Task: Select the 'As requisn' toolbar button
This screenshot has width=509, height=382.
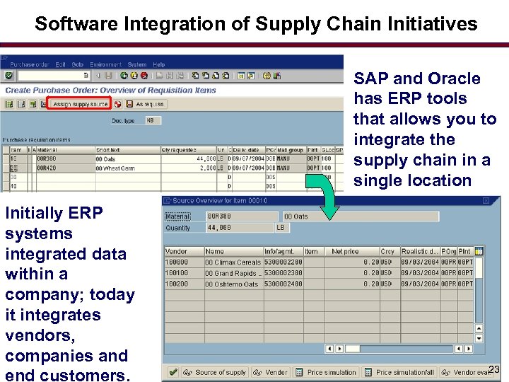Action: pos(149,104)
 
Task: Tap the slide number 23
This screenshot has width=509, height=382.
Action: pos(493,369)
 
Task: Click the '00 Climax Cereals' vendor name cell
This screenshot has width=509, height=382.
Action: pos(233,262)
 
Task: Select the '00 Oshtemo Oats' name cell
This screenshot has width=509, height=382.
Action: pos(232,284)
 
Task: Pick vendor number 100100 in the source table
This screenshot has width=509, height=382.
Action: pos(177,273)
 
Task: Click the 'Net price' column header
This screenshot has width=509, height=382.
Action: pos(345,251)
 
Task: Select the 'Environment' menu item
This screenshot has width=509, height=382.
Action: pos(105,64)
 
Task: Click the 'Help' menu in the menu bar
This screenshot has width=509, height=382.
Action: pos(159,64)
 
